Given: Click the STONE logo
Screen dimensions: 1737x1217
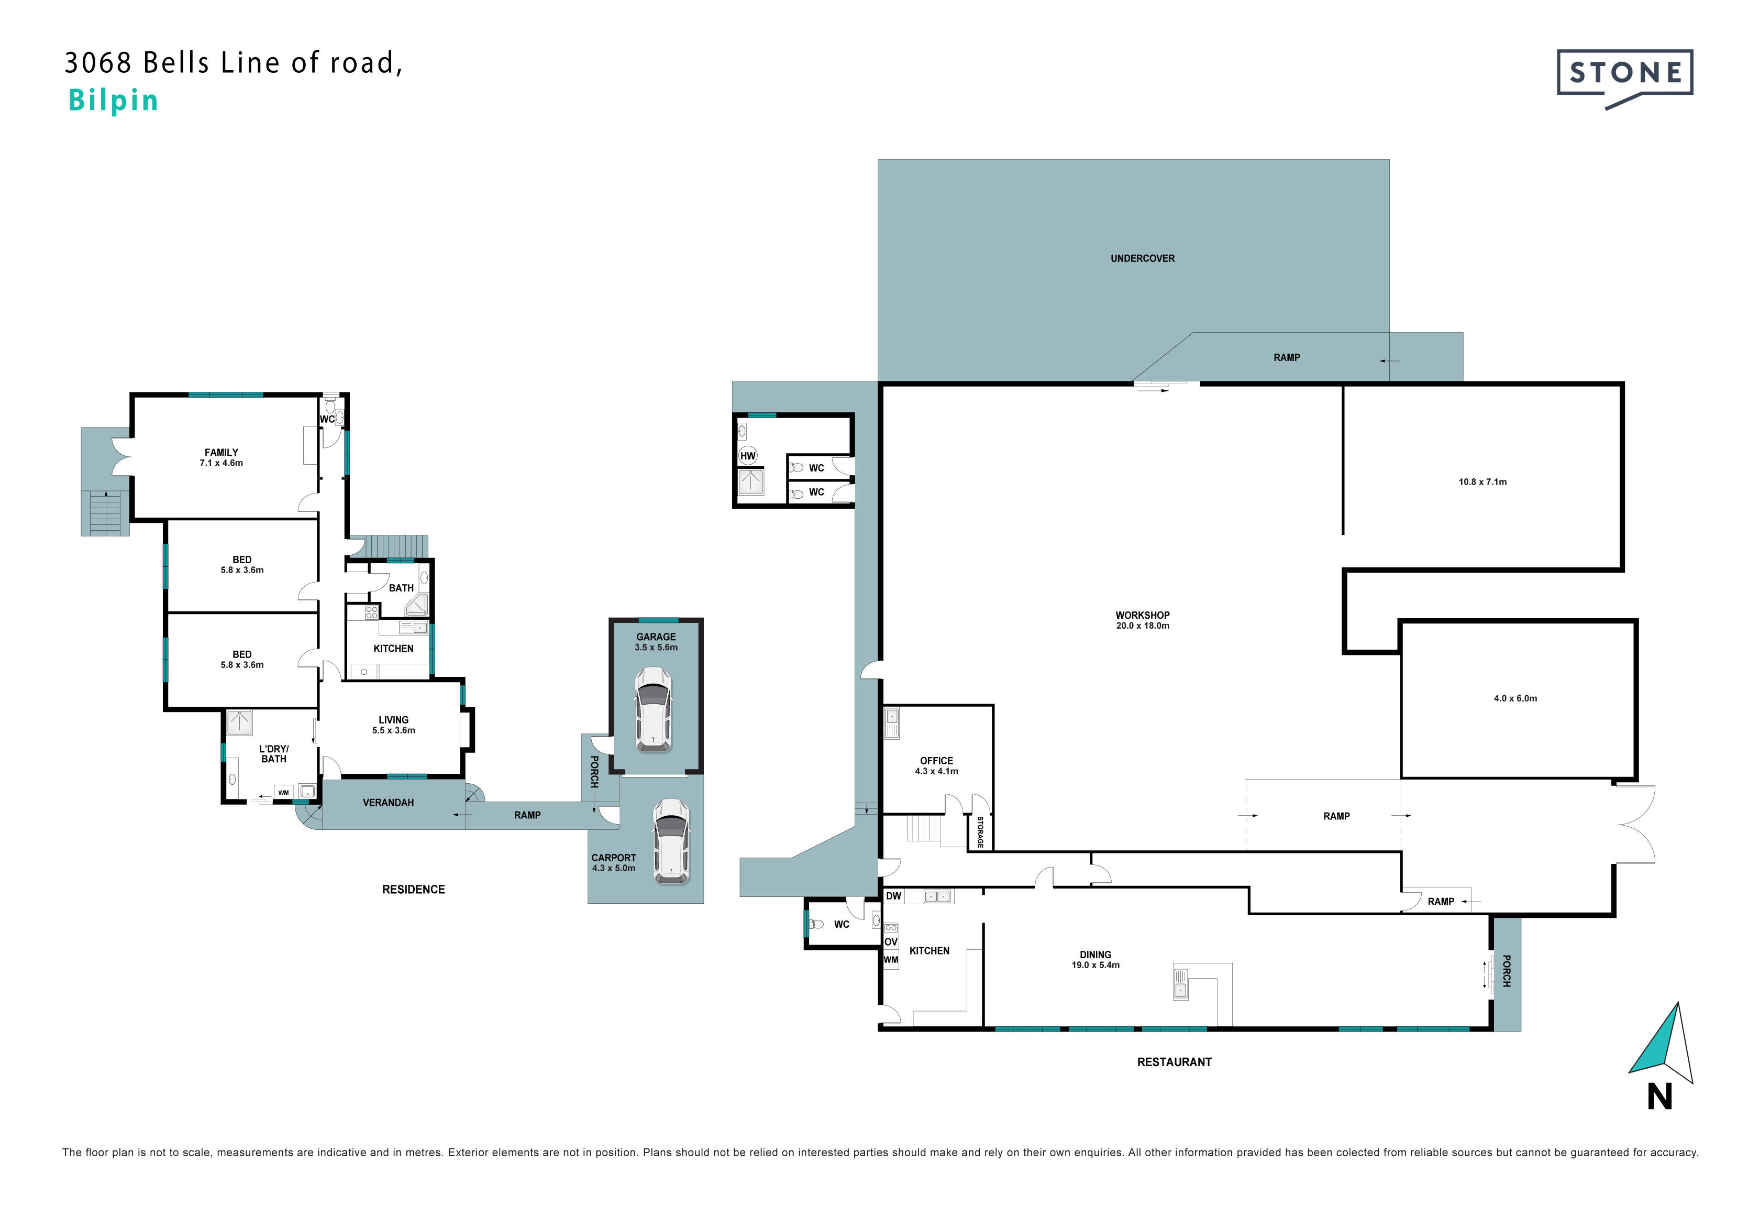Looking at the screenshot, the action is click(1624, 79).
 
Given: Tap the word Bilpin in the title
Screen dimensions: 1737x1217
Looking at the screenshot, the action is click(114, 101).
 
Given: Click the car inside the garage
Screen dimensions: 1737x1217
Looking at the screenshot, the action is click(653, 709).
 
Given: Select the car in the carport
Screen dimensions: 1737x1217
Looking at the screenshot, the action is click(671, 841).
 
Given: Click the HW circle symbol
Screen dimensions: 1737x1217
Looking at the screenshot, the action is click(747, 456).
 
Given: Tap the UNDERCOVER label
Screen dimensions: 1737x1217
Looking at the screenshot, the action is click(1142, 259).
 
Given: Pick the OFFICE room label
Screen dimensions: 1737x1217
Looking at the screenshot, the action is click(937, 761).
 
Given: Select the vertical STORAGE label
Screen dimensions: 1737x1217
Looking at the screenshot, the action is click(980, 832).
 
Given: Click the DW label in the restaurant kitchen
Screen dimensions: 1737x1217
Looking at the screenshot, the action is click(893, 896).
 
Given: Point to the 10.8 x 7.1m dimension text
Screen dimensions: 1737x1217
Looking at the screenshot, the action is click(1483, 482).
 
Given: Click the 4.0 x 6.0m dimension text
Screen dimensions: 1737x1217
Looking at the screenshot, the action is click(1515, 698).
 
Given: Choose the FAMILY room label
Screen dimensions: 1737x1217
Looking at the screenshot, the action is click(221, 453).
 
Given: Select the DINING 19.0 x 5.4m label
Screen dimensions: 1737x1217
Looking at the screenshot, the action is click(1096, 960).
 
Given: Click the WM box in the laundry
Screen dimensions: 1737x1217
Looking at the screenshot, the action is click(283, 793).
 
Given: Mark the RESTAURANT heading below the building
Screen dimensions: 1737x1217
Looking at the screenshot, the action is click(1174, 1062).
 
